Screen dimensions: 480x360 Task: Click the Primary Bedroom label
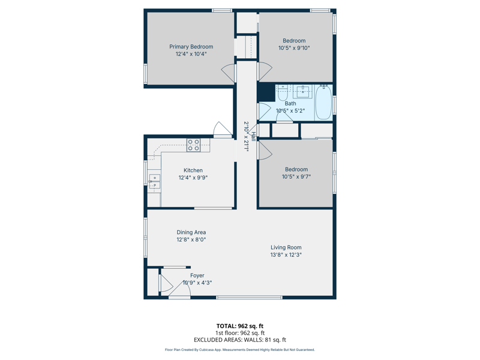tap(191, 47)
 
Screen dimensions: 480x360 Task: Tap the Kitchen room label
tap(193, 170)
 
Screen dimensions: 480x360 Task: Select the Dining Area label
tap(191, 232)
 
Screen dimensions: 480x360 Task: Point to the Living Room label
tap(286, 247)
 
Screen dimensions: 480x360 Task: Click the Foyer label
tap(197, 275)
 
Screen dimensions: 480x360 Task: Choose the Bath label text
tap(290, 103)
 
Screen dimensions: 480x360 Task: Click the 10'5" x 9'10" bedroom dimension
tap(294, 48)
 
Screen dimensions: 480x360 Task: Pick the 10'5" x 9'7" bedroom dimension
tap(296, 176)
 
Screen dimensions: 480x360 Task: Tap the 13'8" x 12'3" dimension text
tap(286, 254)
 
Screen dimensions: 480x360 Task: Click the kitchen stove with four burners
tap(193, 145)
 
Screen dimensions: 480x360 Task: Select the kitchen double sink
tap(155, 182)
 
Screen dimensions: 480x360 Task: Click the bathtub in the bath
tap(323, 103)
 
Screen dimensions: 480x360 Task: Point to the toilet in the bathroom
tap(283, 93)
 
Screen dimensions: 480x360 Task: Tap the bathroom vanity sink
tap(303, 92)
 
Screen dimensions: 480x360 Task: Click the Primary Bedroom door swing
tap(229, 73)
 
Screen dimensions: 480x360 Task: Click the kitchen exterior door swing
tap(222, 129)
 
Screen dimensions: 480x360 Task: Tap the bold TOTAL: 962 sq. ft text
tap(239, 326)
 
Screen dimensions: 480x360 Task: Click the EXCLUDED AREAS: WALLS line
tap(239, 340)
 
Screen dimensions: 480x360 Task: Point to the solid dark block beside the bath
tap(266, 92)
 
